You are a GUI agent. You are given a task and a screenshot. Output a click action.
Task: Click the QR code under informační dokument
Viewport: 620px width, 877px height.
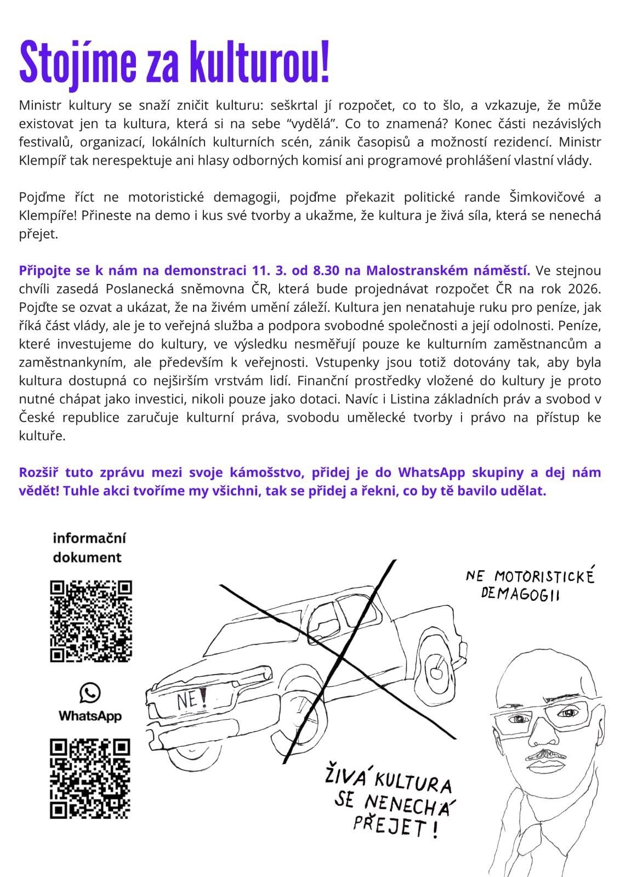(91, 621)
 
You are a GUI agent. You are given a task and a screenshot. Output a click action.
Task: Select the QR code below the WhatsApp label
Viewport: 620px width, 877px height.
(90, 779)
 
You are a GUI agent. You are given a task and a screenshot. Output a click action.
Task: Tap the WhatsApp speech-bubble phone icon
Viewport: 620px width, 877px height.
(90, 693)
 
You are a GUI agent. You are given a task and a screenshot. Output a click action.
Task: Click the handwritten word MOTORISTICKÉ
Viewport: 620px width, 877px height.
(544, 577)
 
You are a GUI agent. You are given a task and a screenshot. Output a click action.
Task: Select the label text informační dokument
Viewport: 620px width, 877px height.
(88, 547)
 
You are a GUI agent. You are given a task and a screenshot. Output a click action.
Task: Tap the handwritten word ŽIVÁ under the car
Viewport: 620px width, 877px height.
(346, 778)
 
